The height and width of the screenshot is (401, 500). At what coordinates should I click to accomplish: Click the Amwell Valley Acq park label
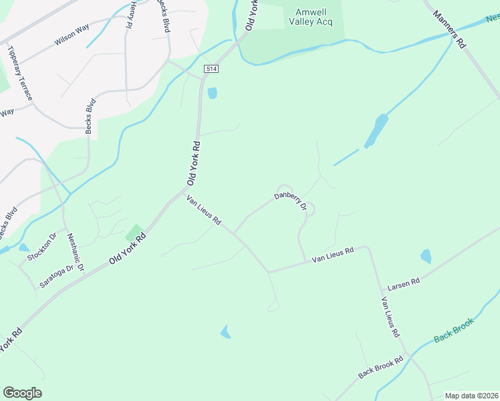pyautogui.click(x=311, y=17)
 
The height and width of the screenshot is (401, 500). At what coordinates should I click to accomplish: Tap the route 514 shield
pyautogui.click(x=212, y=70)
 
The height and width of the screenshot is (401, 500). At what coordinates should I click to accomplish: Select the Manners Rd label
pyautogui.click(x=449, y=28)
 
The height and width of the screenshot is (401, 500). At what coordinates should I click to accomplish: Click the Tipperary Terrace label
pyautogui.click(x=19, y=73)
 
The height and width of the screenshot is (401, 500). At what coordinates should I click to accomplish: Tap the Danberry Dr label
pyautogui.click(x=289, y=201)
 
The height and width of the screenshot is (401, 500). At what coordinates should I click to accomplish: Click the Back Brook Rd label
pyautogui.click(x=380, y=366)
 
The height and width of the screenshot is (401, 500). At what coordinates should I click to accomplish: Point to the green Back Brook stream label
pyautogui.click(x=454, y=330)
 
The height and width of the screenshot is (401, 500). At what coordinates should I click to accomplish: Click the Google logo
pyautogui.click(x=22, y=393)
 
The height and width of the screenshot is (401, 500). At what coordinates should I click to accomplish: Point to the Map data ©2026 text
pyautogui.click(x=471, y=396)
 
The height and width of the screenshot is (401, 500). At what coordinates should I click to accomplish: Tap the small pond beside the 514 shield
pyautogui.click(x=213, y=93)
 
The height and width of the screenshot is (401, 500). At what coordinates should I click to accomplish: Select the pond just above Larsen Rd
pyautogui.click(x=426, y=256)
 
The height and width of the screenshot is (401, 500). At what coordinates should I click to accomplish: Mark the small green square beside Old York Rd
pyautogui.click(x=134, y=233)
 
